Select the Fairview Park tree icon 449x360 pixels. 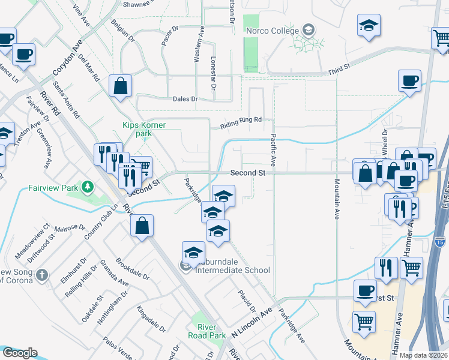(x=89, y=187)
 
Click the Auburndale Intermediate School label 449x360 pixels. (x=230, y=270)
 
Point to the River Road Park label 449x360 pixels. (x=206, y=331)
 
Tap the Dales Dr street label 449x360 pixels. (x=185, y=99)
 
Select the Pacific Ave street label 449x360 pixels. (x=273, y=150)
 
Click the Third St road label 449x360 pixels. (x=339, y=71)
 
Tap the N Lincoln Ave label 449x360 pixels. (x=252, y=330)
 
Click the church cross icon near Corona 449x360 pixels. (x=41, y=275)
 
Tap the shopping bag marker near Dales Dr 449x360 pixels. (x=121, y=85)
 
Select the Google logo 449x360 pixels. (x=20, y=353)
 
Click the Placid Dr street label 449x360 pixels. (x=246, y=300)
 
